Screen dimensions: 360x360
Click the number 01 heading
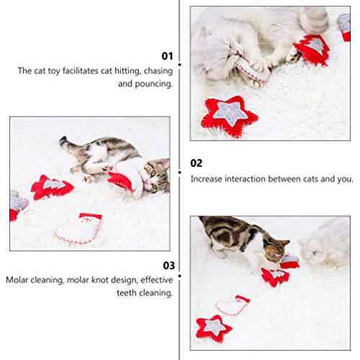click(167, 55)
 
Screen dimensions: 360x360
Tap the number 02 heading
click(197, 163)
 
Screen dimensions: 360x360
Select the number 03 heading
click(167, 264)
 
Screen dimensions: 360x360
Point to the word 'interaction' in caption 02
click(235, 179)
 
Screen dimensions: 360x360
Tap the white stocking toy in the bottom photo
click(233, 305)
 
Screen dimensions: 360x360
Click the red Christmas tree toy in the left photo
click(52, 187)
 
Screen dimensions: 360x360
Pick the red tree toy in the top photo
click(312, 49)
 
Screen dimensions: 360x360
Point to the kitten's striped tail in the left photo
click(70, 143)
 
